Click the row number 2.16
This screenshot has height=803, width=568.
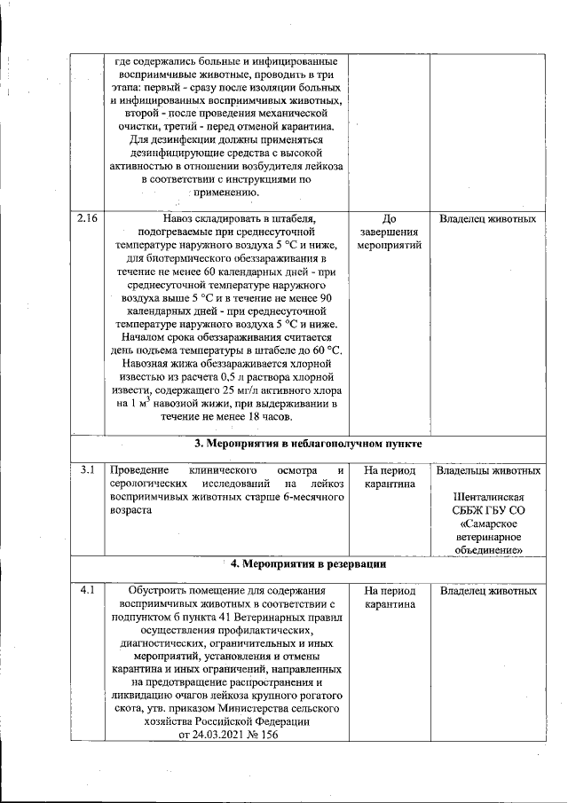[x=86, y=218]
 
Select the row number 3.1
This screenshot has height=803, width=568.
[x=86, y=469]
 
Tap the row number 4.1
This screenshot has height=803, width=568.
[x=86, y=590]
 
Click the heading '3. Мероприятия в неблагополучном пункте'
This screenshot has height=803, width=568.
[x=308, y=443]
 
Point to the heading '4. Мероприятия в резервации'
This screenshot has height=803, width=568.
[x=308, y=563]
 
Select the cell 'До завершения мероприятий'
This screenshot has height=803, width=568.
[x=390, y=232]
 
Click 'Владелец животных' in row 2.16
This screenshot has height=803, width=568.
[x=487, y=218]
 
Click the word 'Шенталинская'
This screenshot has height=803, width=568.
[x=489, y=498]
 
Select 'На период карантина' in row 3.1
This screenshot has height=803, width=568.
[x=390, y=476]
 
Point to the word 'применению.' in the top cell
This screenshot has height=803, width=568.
[x=226, y=193]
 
